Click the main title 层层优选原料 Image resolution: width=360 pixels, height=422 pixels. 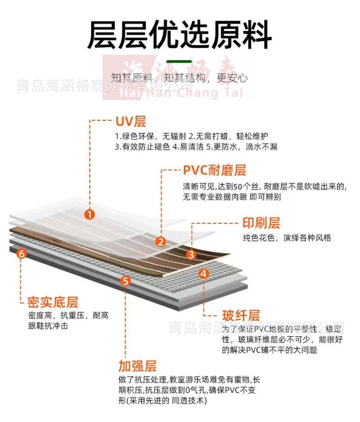tap(180, 35)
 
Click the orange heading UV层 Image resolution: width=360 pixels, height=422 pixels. tap(131, 121)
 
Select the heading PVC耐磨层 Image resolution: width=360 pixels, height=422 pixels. tap(214, 170)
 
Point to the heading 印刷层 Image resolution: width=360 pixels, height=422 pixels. tap(261, 223)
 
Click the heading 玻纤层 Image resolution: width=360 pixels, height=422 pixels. tap(241, 316)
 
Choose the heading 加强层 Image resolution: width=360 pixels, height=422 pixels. tap(138, 366)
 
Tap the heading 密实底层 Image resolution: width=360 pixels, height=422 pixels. tap(53, 302)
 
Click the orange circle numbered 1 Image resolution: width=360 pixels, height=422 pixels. tap(89, 214)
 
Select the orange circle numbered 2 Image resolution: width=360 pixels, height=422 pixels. tap(161, 241)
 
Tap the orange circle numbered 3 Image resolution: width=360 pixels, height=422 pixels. tap(191, 255)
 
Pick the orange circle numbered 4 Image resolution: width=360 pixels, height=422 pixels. tap(204, 273)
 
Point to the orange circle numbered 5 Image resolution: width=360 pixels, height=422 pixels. tap(126, 281)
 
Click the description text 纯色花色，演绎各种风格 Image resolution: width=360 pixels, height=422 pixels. tap(287, 238)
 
